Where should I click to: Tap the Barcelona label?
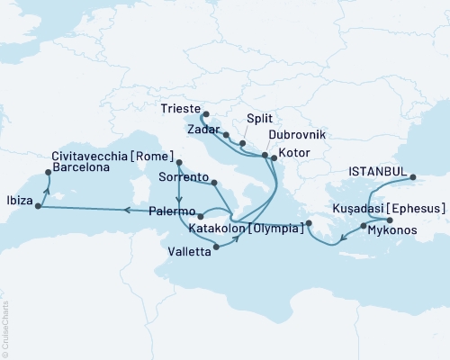tap(83, 166)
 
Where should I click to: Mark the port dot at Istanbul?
tap(414, 177)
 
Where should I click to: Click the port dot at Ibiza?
tap(38, 206)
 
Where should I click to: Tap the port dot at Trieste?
tap(203, 114)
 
